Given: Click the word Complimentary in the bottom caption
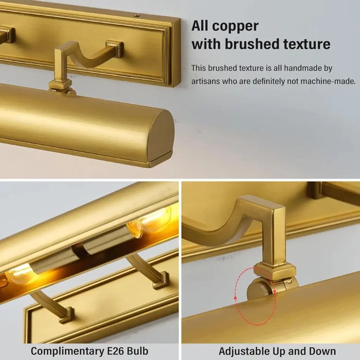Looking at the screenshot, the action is tap(67, 351).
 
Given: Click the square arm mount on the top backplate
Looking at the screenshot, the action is tap(115, 49).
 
